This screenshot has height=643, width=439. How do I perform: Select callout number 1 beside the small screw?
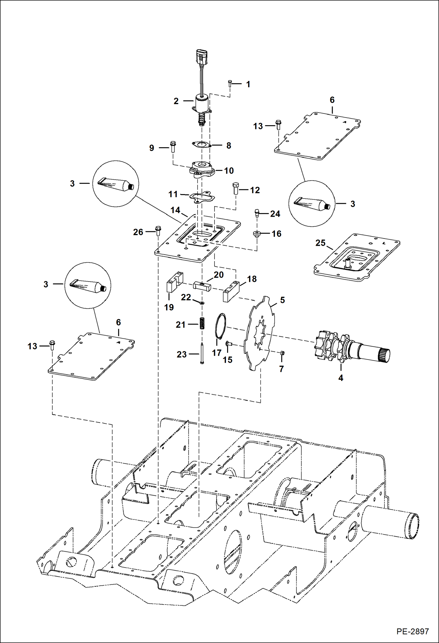point(248,84)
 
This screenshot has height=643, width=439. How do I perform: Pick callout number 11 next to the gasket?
point(173,194)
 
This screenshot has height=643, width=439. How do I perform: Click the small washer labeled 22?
point(202,302)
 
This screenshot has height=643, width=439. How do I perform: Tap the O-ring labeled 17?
point(220,326)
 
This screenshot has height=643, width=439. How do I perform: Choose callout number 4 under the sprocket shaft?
point(341,378)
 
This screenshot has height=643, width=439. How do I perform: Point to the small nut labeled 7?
point(283,353)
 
